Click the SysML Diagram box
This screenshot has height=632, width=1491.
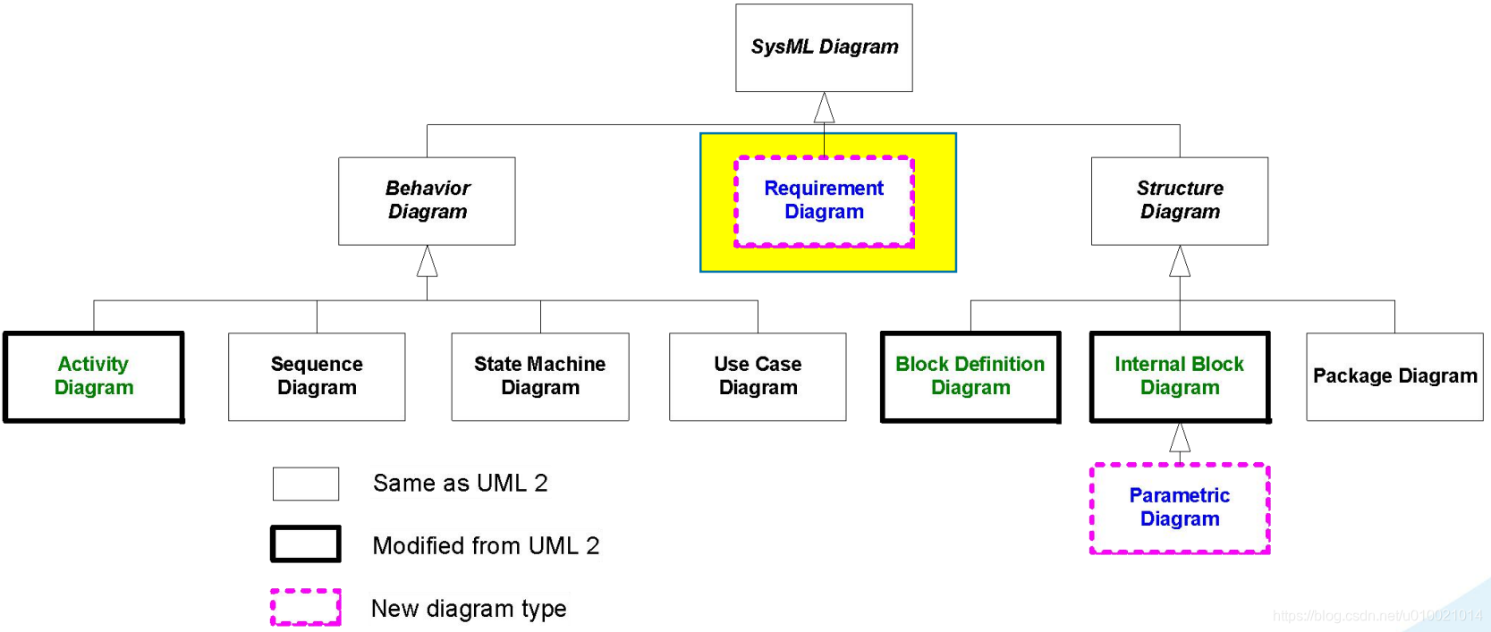(x=824, y=47)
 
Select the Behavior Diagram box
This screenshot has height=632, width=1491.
(x=427, y=200)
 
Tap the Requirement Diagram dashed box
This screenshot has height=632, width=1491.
(x=824, y=201)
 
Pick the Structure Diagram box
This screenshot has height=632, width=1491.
(x=1179, y=200)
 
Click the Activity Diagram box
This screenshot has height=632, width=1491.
(x=94, y=376)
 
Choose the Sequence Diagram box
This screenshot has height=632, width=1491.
(x=317, y=376)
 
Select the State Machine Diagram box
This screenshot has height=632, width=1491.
(x=539, y=376)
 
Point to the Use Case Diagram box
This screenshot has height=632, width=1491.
(x=758, y=376)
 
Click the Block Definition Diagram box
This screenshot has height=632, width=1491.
(x=970, y=376)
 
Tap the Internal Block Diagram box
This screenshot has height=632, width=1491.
(x=1180, y=376)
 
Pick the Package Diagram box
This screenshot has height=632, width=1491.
(x=1394, y=376)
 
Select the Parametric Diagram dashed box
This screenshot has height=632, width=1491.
(x=1180, y=508)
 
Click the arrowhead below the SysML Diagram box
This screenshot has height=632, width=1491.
(x=824, y=108)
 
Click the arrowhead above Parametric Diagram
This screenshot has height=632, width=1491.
(x=1180, y=438)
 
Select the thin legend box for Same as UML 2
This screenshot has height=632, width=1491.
(x=306, y=484)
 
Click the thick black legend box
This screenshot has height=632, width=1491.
(x=306, y=544)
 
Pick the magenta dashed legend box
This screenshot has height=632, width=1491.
(x=306, y=607)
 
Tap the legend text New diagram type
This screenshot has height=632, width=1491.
(x=469, y=609)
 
